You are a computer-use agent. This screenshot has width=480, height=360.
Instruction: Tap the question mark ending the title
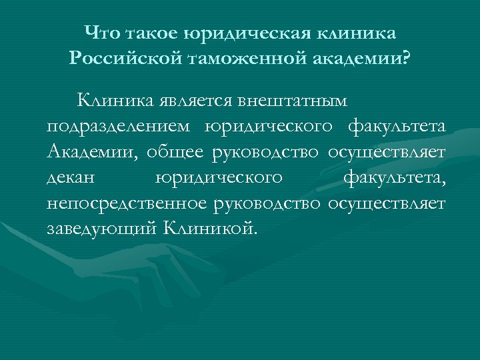click(x=407, y=58)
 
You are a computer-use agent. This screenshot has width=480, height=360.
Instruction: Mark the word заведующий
click(x=100, y=229)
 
